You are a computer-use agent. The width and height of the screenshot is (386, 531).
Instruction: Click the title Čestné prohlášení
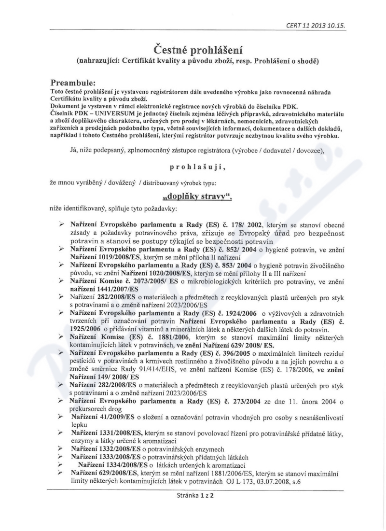(x=193, y=49)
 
